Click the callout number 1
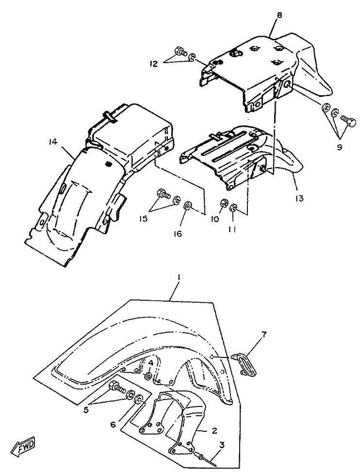coord(179,277)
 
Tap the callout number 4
coord(151,363)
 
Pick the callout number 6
coord(114,424)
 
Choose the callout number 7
coord(263,334)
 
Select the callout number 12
coord(153,64)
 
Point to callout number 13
coord(299,199)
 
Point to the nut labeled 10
coord(224,203)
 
